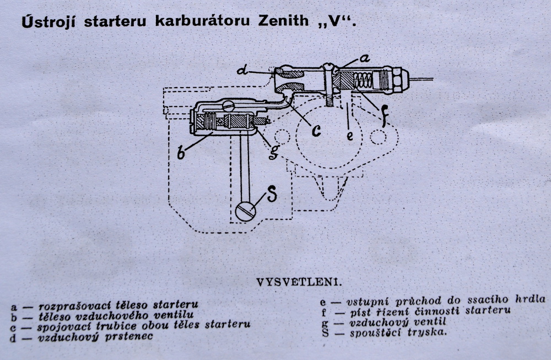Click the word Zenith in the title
click(283, 21)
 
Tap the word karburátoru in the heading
click(202, 21)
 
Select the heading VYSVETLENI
click(299, 283)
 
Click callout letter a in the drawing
click(365, 58)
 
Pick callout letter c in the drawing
click(316, 131)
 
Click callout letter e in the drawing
click(350, 136)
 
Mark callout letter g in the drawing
click(274, 151)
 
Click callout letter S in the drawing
click(272, 194)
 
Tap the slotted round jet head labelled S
click(246, 211)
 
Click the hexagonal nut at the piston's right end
click(399, 79)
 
